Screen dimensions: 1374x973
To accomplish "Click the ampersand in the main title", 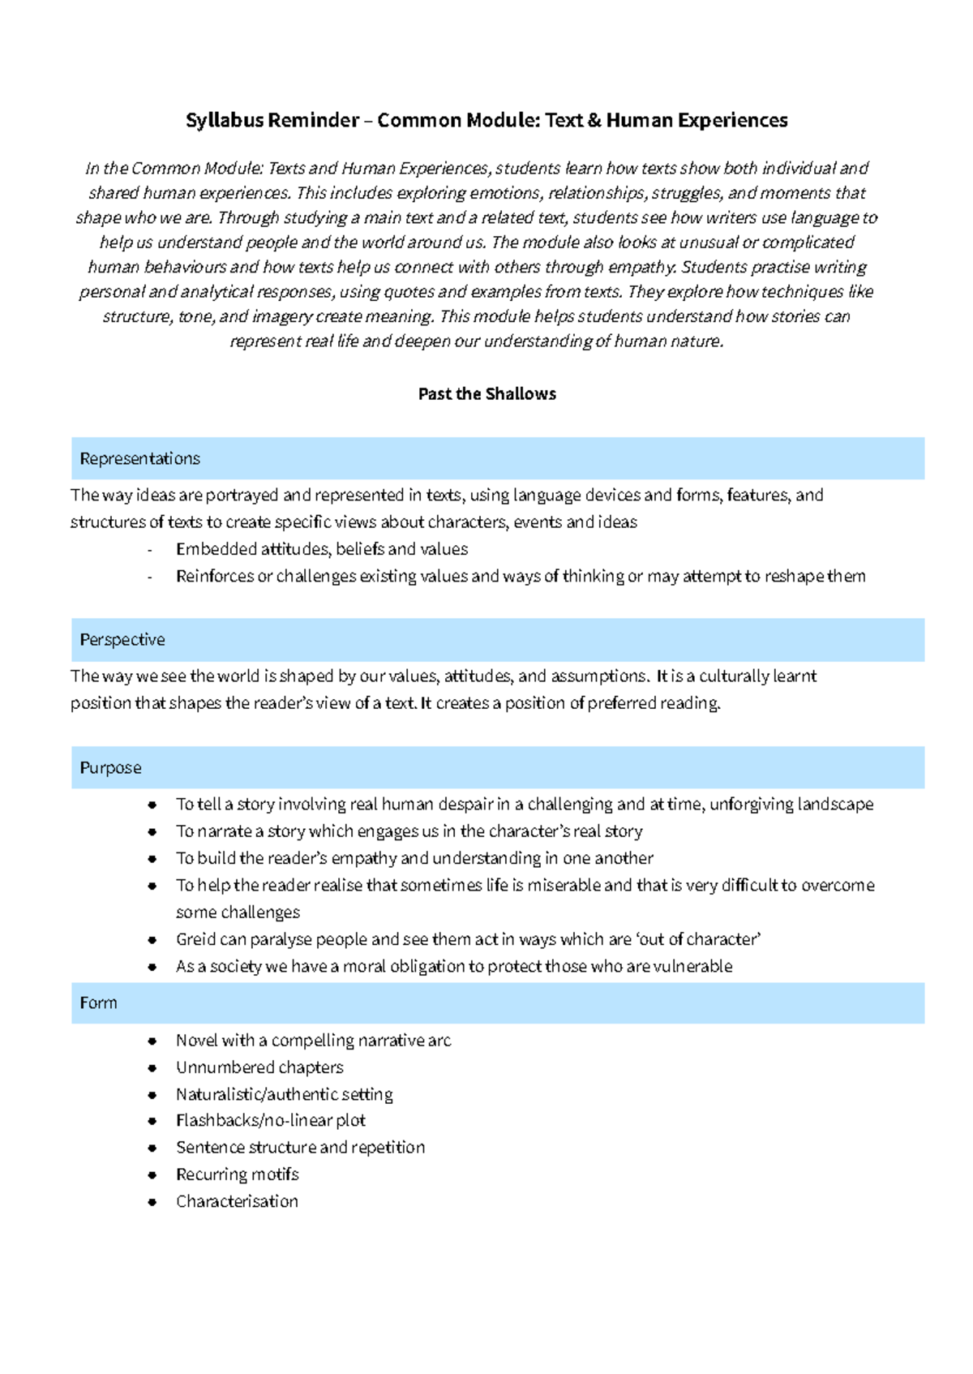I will point(594,121).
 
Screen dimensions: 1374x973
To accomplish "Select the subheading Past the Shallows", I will point(486,394).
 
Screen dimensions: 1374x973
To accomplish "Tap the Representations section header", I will point(139,459).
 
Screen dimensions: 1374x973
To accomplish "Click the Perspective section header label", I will point(122,640).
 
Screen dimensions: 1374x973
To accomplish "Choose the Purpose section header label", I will point(110,768).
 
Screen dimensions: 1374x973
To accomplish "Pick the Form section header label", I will point(98,1003).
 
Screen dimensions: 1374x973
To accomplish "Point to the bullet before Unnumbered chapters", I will point(152,1068).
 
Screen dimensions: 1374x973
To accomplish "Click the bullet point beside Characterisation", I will point(152,1202).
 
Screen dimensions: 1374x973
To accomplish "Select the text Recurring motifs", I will point(237,1174).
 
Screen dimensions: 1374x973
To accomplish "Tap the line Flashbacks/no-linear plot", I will point(270,1121).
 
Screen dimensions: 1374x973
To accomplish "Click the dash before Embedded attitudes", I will point(150,550).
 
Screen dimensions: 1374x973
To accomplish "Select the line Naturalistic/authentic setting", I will point(284,1095).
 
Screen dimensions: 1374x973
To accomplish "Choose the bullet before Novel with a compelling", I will point(152,1041).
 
